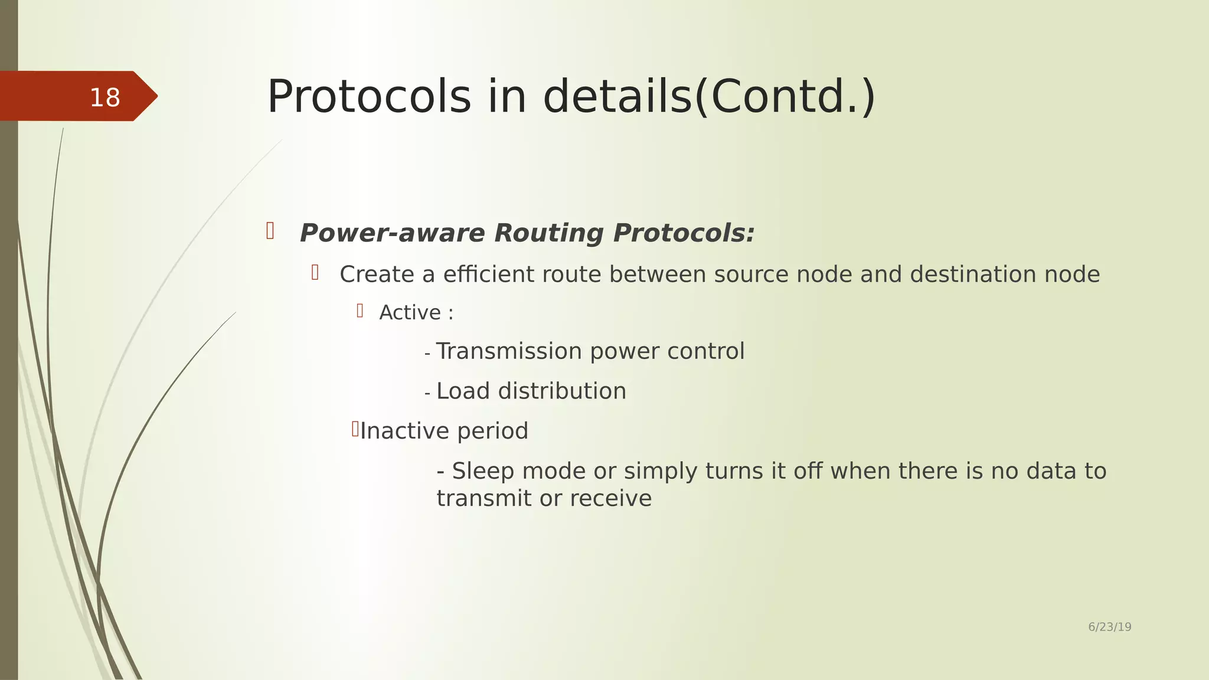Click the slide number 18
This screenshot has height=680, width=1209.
click(x=105, y=97)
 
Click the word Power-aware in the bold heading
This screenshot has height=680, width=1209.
click(x=392, y=233)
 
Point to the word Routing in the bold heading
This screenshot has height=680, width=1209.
click(x=548, y=233)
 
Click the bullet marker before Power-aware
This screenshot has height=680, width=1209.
click(x=270, y=231)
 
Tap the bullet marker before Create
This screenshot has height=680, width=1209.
click(x=315, y=272)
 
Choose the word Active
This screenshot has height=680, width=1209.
click(x=410, y=313)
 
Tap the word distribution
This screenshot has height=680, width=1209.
click(x=561, y=391)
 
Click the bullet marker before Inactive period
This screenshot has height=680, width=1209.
click(x=355, y=429)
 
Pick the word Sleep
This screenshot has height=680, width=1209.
click(x=483, y=471)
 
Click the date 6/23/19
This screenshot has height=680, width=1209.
click(x=1109, y=627)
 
